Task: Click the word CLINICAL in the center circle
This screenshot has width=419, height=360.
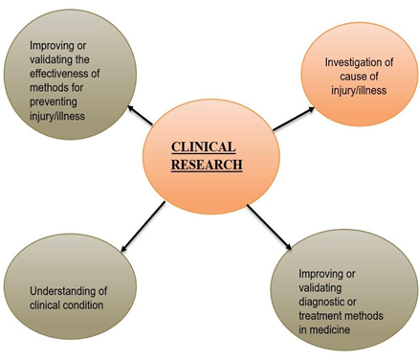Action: coord(204,147)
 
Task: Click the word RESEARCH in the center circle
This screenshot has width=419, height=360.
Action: coord(207,165)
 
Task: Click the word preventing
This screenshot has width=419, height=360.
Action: coord(54,102)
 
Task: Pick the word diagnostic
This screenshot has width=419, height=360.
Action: coord(323,302)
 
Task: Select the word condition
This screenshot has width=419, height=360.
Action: coord(82,305)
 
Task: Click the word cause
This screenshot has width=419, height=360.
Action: coord(351,77)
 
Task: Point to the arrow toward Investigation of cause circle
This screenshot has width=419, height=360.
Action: coord(294,119)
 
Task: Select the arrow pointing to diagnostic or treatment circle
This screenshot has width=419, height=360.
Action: coord(269,227)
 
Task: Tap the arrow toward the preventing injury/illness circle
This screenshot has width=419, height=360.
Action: coord(140,115)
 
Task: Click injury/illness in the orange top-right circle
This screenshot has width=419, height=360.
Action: coord(359,91)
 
